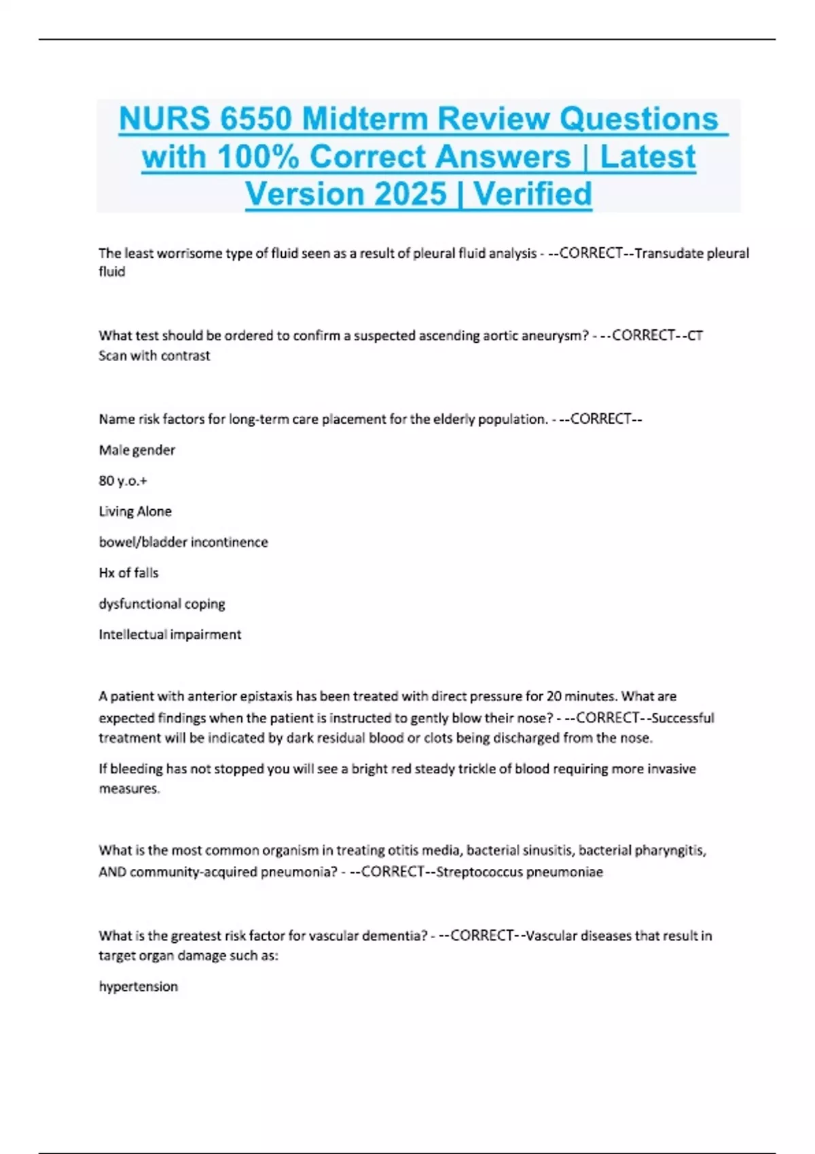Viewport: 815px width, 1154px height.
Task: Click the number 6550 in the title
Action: (255, 119)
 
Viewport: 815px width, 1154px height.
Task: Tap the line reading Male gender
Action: (137, 450)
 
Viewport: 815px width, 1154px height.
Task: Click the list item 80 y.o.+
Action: (123, 481)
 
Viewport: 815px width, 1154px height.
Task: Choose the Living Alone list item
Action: (135, 511)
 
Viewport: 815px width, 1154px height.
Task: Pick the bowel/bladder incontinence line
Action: (183, 542)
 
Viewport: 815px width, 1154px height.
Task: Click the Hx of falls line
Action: (128, 573)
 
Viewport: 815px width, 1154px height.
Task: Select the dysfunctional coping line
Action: (162, 603)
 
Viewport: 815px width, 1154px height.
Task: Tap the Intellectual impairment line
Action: (170, 634)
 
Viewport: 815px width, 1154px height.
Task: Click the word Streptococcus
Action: (481, 872)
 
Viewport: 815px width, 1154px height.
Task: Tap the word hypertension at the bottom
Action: (139, 986)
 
